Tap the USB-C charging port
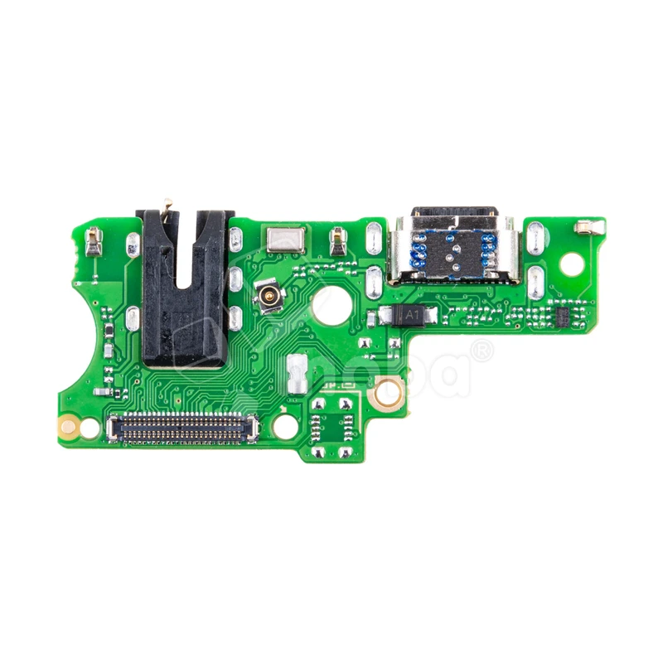click(x=455, y=248)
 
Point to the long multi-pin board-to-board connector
click(x=182, y=428)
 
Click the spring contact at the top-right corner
click(x=587, y=225)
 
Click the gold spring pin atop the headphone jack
click(x=167, y=206)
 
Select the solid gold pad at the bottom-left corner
click(x=69, y=427)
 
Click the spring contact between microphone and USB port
click(x=337, y=240)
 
